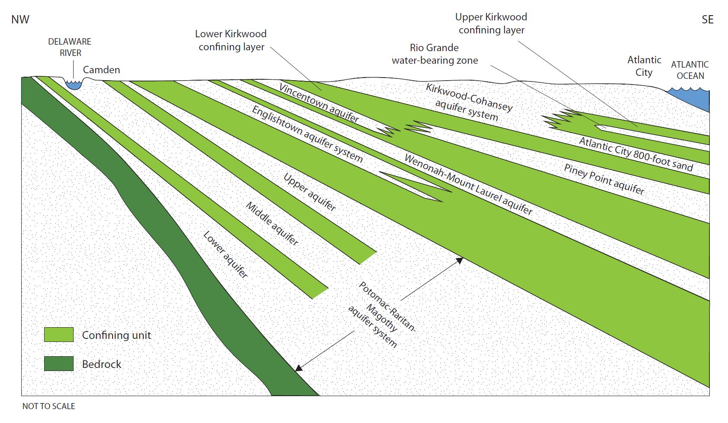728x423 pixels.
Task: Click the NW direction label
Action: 20,20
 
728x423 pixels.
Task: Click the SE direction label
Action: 707,20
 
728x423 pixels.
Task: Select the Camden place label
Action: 101,70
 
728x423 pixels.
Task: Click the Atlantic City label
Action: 644,66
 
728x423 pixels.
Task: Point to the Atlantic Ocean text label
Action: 690,70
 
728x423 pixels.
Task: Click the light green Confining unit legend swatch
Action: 59,335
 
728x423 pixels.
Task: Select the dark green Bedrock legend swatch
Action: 59,364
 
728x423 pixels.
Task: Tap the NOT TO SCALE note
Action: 48,406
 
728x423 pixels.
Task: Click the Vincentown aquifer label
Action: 319,103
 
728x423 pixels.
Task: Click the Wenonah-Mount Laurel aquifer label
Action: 468,185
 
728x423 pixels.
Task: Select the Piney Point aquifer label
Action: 604,179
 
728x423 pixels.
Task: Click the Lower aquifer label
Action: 225,254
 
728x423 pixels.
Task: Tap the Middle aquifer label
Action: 272,223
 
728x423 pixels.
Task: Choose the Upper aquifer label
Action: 309,192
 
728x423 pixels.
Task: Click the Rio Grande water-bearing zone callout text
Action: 435,54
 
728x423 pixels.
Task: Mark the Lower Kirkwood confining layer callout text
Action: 231,40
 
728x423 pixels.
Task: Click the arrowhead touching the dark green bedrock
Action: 298,368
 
